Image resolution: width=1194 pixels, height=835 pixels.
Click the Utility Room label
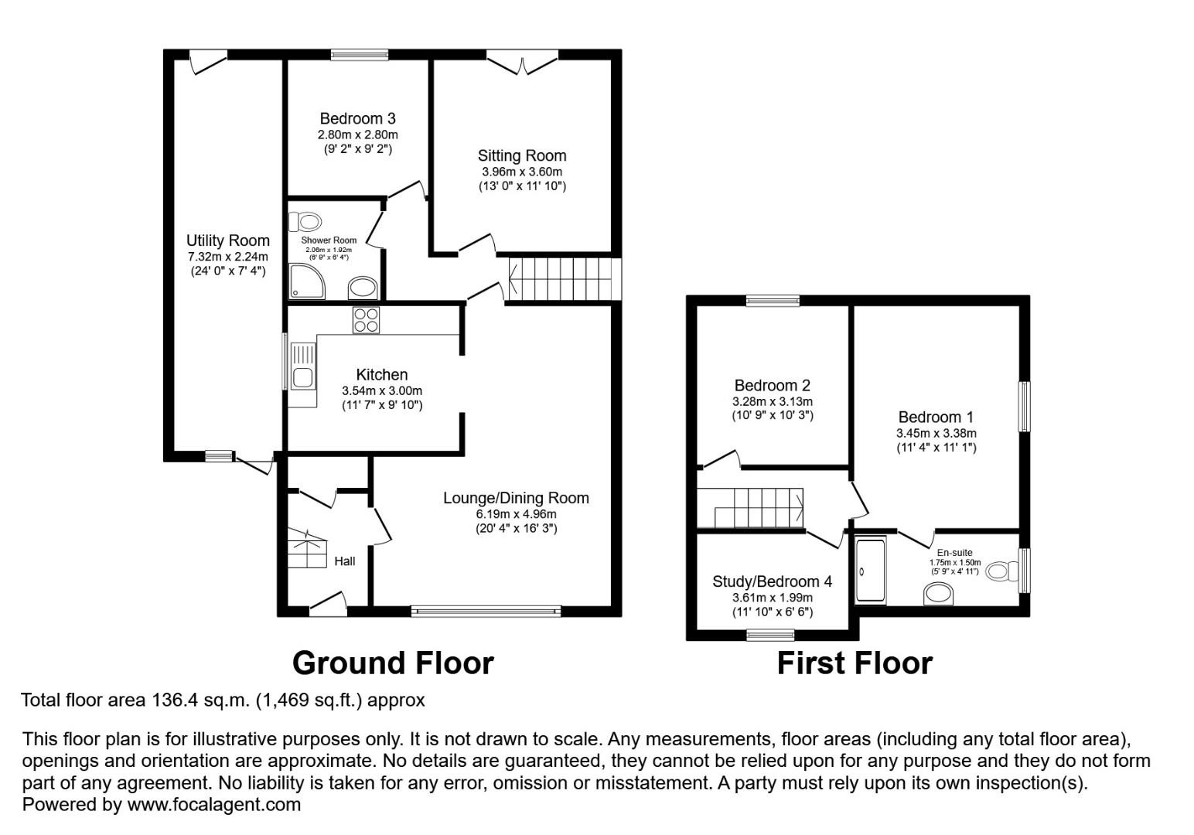[227, 241]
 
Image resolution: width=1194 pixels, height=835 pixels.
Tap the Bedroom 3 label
[358, 118]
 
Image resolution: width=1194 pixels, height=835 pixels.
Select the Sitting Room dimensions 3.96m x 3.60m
[522, 172]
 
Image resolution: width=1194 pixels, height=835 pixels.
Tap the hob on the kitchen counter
[367, 320]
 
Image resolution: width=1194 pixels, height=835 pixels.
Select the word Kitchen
[382, 375]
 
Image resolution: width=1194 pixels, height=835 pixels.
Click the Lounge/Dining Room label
[516, 498]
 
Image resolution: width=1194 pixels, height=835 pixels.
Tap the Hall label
[344, 561]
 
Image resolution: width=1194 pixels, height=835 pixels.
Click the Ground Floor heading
[393, 663]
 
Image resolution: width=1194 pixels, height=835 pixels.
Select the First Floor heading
[855, 663]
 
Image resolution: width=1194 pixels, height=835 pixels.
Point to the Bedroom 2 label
[773, 385]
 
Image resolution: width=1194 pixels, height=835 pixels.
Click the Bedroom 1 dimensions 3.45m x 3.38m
[936, 434]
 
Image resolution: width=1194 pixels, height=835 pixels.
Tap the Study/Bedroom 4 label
[773, 581]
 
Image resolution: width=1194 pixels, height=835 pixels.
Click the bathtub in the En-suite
[871, 571]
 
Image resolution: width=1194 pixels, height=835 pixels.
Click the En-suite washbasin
[938, 594]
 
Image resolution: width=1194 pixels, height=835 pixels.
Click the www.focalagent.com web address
[213, 805]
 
